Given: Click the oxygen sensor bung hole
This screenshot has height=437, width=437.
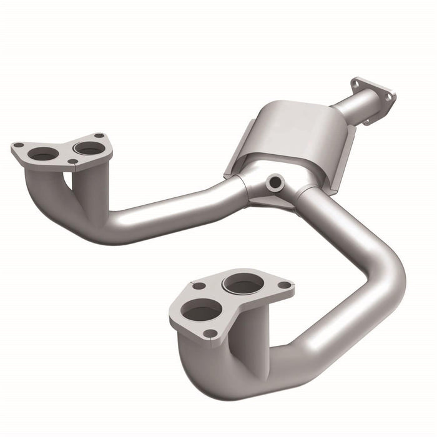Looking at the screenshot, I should click(273, 183).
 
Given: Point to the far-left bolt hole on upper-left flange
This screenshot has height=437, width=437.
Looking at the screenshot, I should click(19, 145).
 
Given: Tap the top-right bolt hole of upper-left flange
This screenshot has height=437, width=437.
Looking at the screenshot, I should click(99, 135).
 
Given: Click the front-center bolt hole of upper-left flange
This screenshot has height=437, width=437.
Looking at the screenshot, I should click(73, 162).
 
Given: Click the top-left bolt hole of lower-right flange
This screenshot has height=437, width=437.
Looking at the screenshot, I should click(199, 286).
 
